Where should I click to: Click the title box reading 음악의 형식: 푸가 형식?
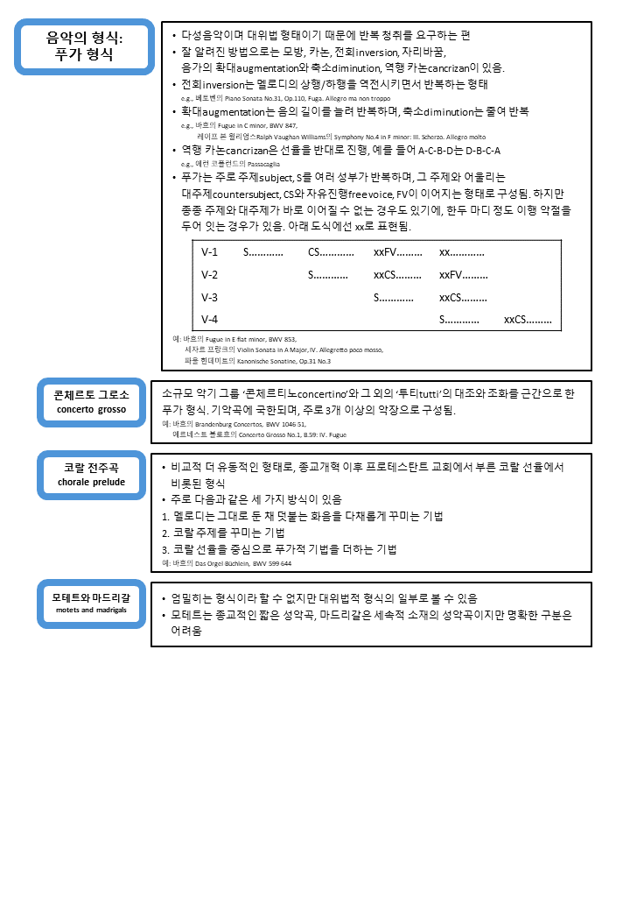pyautogui.click(x=85, y=46)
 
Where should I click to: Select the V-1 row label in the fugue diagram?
pyautogui.click(x=210, y=252)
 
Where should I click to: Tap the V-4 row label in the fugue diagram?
pyautogui.click(x=210, y=319)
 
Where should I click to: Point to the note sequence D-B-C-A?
pyautogui.click(x=477, y=151)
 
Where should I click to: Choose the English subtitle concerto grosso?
pyautogui.click(x=91, y=409)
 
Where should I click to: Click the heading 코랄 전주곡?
pyautogui.click(x=92, y=468)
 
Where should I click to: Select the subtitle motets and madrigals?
pyautogui.click(x=91, y=610)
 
